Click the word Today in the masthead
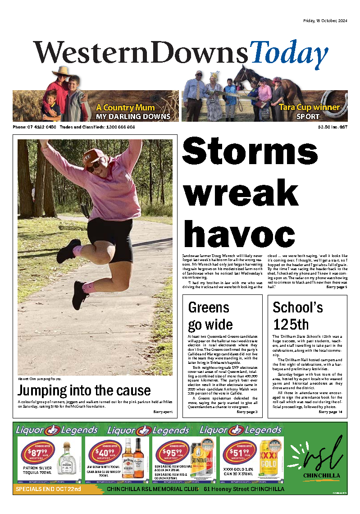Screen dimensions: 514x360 tap(290, 53)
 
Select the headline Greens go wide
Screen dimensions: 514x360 tap(210, 316)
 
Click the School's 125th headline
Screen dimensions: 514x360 tap(298, 316)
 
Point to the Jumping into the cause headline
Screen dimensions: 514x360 tap(84, 390)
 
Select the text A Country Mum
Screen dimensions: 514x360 tap(125, 108)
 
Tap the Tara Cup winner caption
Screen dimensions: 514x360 tap(309, 107)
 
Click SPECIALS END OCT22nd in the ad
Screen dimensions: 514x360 tap(48, 489)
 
